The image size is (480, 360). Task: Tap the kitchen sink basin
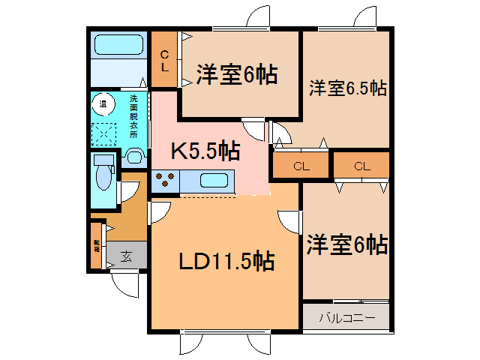tap(214, 181)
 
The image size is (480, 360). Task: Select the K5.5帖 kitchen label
tap(205, 152)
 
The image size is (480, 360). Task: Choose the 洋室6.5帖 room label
tap(347, 88)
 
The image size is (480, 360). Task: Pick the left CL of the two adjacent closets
tap(300, 166)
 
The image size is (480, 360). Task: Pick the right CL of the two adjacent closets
tap(361, 166)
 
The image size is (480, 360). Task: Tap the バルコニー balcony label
tap(346, 317)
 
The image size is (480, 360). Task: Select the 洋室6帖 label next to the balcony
tap(346, 244)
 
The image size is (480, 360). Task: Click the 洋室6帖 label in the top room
tap(237, 74)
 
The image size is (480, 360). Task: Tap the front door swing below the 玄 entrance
tap(124, 284)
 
